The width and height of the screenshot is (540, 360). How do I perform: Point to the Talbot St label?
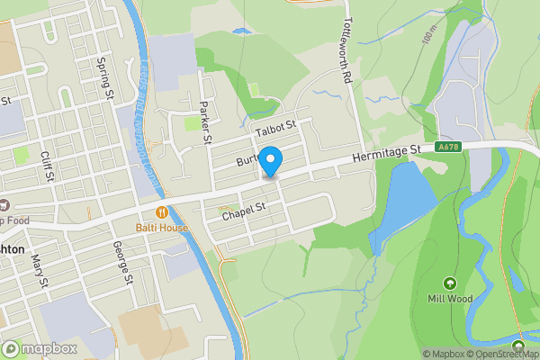click(275, 129)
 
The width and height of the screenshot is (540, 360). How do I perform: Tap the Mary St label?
click(38, 269)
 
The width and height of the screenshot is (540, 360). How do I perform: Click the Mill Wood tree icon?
click(449, 282)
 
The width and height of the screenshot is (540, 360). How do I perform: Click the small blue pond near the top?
click(241, 31)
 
